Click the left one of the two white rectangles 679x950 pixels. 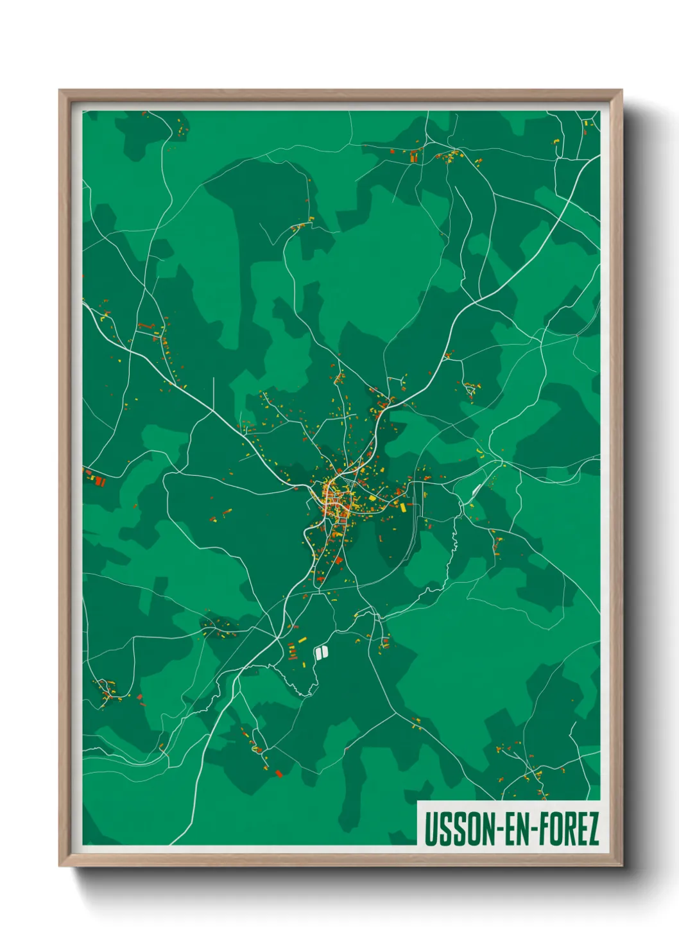[317, 653]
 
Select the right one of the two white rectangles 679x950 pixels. [325, 652]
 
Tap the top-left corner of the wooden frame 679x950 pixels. [60, 91]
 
